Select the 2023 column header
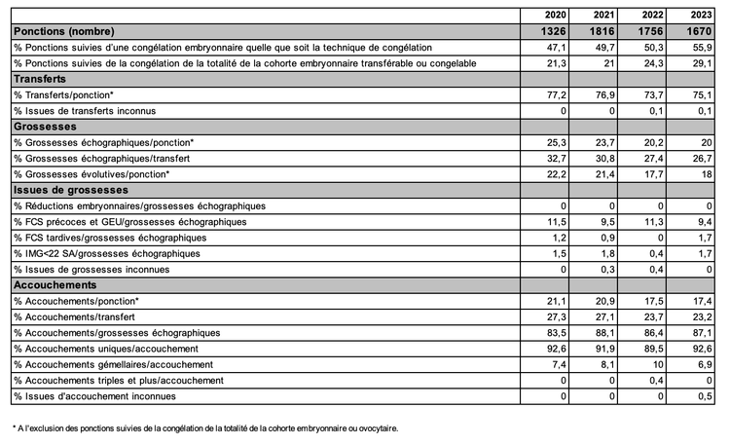(699, 16)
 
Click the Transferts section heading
(40, 78)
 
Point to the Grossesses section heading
(45, 126)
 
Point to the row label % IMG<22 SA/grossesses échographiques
(121, 253)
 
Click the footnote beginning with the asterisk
(205, 427)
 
